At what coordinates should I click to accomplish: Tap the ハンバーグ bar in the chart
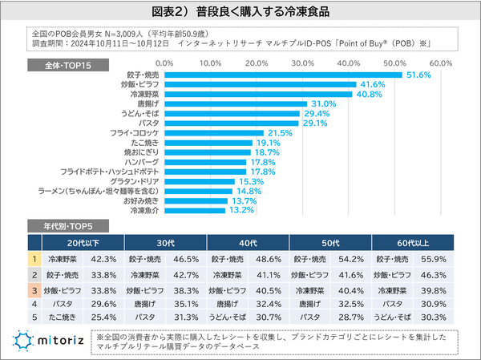(x=204, y=162)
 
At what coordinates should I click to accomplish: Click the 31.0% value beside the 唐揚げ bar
(x=323, y=103)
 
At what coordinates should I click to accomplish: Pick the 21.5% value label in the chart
(x=279, y=132)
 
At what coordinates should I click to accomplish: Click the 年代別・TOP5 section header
(x=75, y=225)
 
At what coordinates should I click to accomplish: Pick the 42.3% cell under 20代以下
(x=104, y=259)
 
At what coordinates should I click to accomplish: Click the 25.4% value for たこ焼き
(x=104, y=318)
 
